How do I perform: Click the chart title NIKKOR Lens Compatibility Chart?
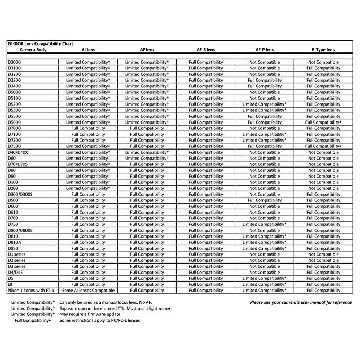click(40, 43)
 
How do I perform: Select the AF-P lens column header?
click(265, 50)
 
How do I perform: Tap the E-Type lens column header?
click(323, 50)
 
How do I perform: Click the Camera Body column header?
click(33, 50)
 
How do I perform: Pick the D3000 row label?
click(15, 62)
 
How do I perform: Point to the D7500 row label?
click(15, 146)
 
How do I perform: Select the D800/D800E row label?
click(20, 230)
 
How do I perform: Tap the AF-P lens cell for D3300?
click(265, 80)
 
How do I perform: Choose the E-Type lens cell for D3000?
click(323, 62)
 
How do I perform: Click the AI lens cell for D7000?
click(88, 128)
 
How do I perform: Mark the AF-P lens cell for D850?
click(265, 248)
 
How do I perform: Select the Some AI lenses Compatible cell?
click(88, 291)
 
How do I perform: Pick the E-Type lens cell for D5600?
click(323, 122)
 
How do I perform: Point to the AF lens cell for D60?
click(147, 158)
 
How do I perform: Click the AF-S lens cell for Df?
click(206, 284)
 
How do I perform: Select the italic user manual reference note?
click(301, 302)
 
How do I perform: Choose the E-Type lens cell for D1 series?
click(323, 254)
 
